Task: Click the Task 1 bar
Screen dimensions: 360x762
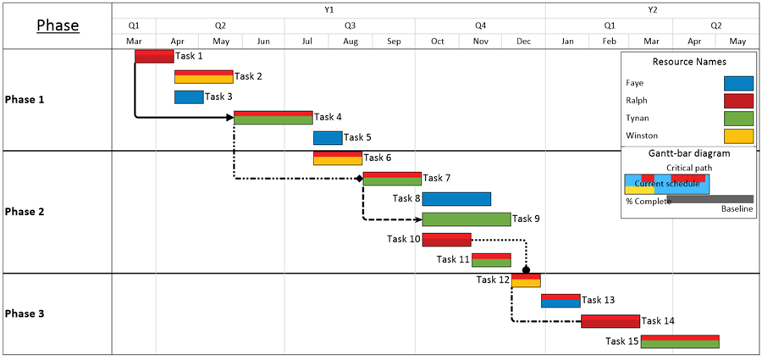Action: (x=154, y=56)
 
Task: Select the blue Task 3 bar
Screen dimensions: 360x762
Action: (x=189, y=97)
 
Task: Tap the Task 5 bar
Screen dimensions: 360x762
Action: (x=328, y=137)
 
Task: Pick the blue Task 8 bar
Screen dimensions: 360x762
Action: (x=456, y=198)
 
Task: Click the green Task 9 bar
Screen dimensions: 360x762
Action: (x=467, y=219)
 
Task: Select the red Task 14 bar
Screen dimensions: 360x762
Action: (x=610, y=320)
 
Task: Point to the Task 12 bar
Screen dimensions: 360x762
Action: (x=526, y=280)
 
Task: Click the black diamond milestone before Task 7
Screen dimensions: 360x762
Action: (x=358, y=178)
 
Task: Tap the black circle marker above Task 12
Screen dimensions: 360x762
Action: (x=526, y=269)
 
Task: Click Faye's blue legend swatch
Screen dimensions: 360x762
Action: (x=738, y=83)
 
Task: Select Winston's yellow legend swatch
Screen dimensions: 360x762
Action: (x=738, y=136)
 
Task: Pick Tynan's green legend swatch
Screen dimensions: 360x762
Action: (x=738, y=118)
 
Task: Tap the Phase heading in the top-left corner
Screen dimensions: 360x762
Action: (x=58, y=25)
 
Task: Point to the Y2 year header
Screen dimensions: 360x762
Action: (x=652, y=9)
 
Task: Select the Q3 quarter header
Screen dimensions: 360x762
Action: (x=350, y=25)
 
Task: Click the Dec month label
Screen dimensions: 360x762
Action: (x=523, y=42)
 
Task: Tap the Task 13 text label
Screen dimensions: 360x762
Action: (x=599, y=300)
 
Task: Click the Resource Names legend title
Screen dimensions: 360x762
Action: (x=689, y=62)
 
